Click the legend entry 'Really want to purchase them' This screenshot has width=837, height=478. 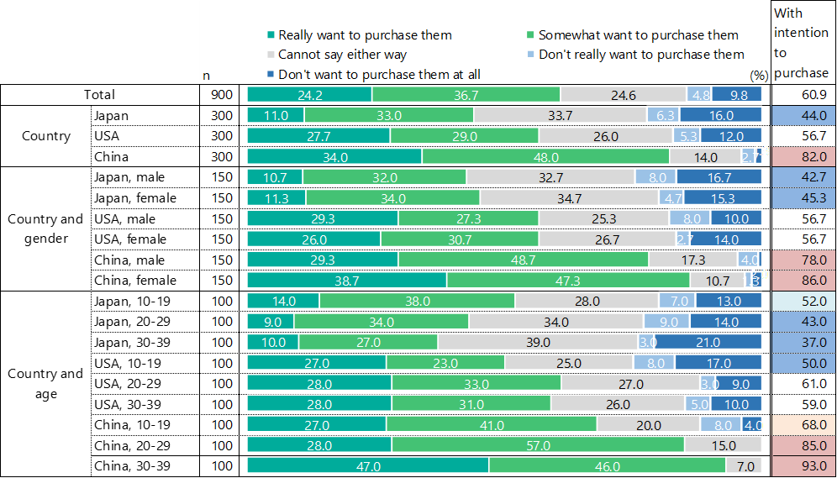[365, 35]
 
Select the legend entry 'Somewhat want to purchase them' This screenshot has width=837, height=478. [638, 35]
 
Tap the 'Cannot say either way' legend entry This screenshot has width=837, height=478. [342, 55]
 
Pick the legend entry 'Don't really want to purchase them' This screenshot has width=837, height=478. [641, 55]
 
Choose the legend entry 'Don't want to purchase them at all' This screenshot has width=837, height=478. [379, 74]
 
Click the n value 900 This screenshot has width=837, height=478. [222, 95]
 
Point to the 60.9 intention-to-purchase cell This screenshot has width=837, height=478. [803, 95]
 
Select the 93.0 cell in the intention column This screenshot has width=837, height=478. [803, 466]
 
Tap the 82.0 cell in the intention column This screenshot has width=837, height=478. [803, 156]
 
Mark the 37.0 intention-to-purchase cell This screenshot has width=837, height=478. [803, 342]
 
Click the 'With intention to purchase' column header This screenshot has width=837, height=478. [801, 43]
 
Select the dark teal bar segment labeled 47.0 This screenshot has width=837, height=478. [368, 466]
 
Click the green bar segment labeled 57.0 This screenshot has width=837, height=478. [538, 445]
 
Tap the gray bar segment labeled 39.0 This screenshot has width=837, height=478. [537, 342]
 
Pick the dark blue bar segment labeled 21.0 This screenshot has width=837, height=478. [708, 342]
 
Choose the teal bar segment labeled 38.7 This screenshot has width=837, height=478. [347, 280]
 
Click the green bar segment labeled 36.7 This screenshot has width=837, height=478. [466, 95]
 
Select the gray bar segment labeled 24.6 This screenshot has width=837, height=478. [623, 95]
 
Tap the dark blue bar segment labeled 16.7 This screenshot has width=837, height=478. [719, 177]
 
